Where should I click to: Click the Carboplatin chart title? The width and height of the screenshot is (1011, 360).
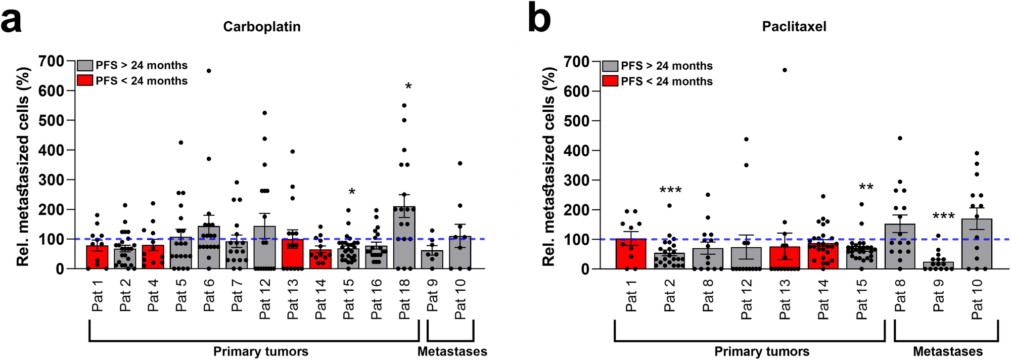point(262,27)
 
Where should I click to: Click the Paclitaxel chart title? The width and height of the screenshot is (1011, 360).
point(794,27)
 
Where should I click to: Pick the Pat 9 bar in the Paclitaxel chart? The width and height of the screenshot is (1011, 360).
point(939,265)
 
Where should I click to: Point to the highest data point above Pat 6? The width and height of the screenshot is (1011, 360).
point(209,71)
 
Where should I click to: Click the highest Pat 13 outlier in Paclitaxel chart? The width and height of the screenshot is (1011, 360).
point(785,70)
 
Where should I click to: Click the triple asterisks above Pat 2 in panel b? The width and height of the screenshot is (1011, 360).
point(670,191)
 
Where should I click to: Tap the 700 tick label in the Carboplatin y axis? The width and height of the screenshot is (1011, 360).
point(52,61)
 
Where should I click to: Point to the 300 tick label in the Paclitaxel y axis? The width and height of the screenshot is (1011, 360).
point(577,180)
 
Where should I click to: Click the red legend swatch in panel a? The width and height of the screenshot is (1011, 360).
point(85,81)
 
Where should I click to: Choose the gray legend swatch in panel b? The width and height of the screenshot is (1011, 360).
point(610,66)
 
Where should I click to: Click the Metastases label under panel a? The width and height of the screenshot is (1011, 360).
point(452,351)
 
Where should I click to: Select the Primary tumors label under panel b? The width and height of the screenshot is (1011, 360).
point(761,351)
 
